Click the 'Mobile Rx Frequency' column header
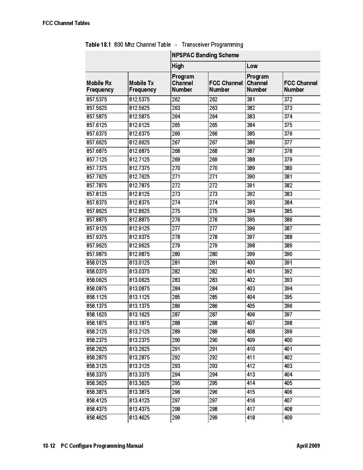100,86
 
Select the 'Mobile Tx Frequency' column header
143,86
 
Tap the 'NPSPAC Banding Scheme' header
205,55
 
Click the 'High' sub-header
178,66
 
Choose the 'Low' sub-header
252,66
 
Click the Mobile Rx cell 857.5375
96,100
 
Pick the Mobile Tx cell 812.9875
139,254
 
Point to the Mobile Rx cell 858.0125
96,263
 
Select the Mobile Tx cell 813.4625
139,418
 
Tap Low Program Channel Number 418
251,418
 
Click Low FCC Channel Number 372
288,100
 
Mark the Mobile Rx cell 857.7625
96,177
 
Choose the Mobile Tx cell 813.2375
139,340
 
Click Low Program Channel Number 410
251,349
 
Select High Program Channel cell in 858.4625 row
176,418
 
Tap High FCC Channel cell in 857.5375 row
213,100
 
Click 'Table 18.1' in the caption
98,45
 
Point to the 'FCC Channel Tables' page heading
66,23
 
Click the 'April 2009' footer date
308,446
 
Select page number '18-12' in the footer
49,446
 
